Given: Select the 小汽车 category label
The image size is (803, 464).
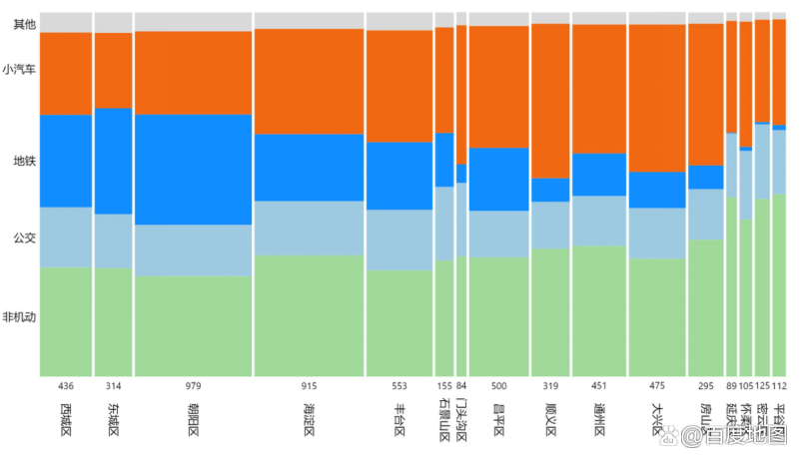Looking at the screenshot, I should click(21, 70).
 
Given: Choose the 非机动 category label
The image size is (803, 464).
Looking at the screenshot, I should click(21, 317).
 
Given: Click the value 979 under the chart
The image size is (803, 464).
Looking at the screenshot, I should click(193, 386).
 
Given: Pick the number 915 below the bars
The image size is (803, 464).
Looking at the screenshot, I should click(309, 386).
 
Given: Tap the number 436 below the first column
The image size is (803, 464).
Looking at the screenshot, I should click(66, 386).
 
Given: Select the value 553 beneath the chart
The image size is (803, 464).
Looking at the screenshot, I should click(400, 386).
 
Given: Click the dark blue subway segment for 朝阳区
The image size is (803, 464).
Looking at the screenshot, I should click(193, 170).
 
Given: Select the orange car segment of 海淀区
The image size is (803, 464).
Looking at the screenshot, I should click(309, 82).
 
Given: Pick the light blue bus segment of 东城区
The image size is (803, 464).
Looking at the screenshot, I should click(113, 240).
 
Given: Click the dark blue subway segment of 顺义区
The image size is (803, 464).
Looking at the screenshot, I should click(550, 190).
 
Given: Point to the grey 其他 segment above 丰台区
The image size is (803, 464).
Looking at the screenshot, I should click(400, 21).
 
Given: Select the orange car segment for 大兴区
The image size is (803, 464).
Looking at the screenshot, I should click(657, 98).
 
